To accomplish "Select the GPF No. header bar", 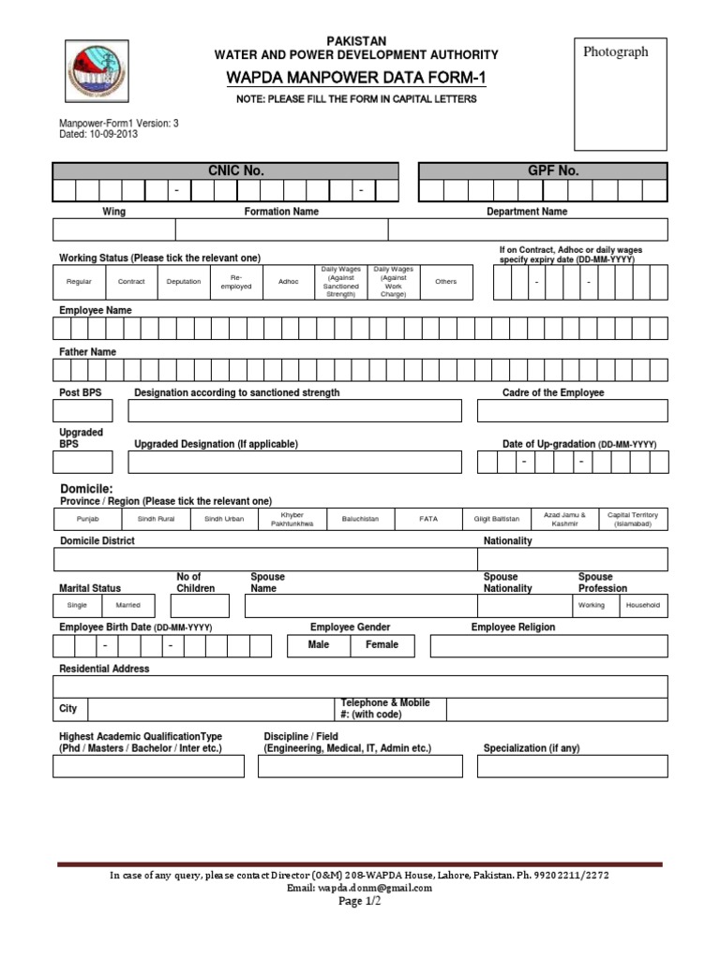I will (x=542, y=170).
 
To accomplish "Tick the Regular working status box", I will (x=79, y=282).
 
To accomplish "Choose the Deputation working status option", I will (x=184, y=282).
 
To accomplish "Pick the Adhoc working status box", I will (x=289, y=282).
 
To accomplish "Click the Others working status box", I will (x=445, y=282).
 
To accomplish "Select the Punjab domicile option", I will (x=88, y=519).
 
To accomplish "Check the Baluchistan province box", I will (x=360, y=519).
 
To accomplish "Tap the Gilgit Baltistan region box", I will (x=497, y=519).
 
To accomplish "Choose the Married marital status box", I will (x=127, y=606).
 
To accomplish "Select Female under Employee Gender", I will (x=382, y=645).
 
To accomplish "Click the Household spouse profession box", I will (x=642, y=606).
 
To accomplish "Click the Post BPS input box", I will (x=82, y=411).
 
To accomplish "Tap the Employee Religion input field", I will (x=548, y=646).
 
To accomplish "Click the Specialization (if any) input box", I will (x=572, y=767).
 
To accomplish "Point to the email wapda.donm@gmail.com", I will (x=360, y=888).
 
